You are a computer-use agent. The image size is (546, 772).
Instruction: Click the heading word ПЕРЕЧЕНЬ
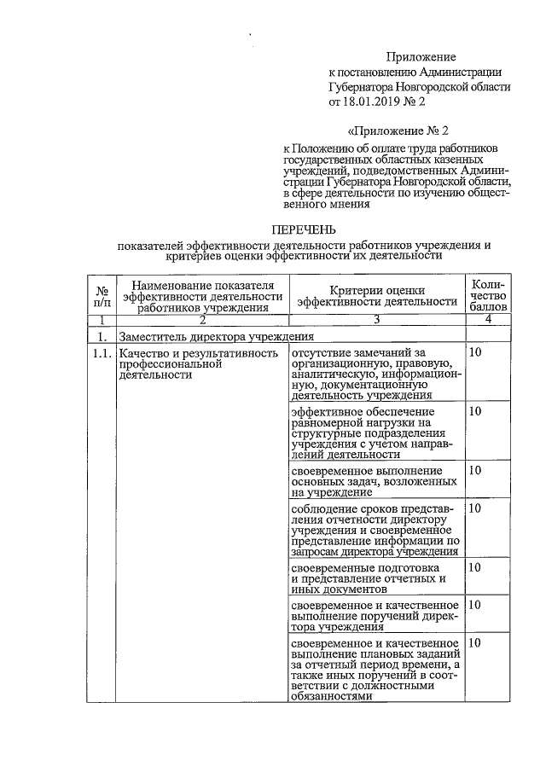point(304,229)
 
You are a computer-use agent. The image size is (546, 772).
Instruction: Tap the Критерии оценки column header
point(376,294)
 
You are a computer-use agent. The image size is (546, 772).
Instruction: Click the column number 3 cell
point(376,320)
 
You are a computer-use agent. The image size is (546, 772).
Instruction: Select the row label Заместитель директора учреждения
point(218,337)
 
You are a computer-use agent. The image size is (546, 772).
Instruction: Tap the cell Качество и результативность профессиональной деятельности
point(199,364)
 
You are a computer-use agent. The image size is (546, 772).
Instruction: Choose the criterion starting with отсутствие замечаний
point(375,374)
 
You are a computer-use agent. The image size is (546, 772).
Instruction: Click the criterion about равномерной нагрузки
point(375,432)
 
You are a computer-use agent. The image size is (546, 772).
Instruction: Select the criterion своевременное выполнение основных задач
point(375,481)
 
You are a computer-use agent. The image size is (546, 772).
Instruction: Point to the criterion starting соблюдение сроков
point(375,529)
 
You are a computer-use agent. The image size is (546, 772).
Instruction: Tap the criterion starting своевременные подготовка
point(375,578)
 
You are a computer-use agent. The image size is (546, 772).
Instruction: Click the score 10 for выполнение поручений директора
point(476,605)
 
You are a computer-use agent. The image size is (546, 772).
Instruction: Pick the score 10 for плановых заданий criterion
point(476,642)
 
